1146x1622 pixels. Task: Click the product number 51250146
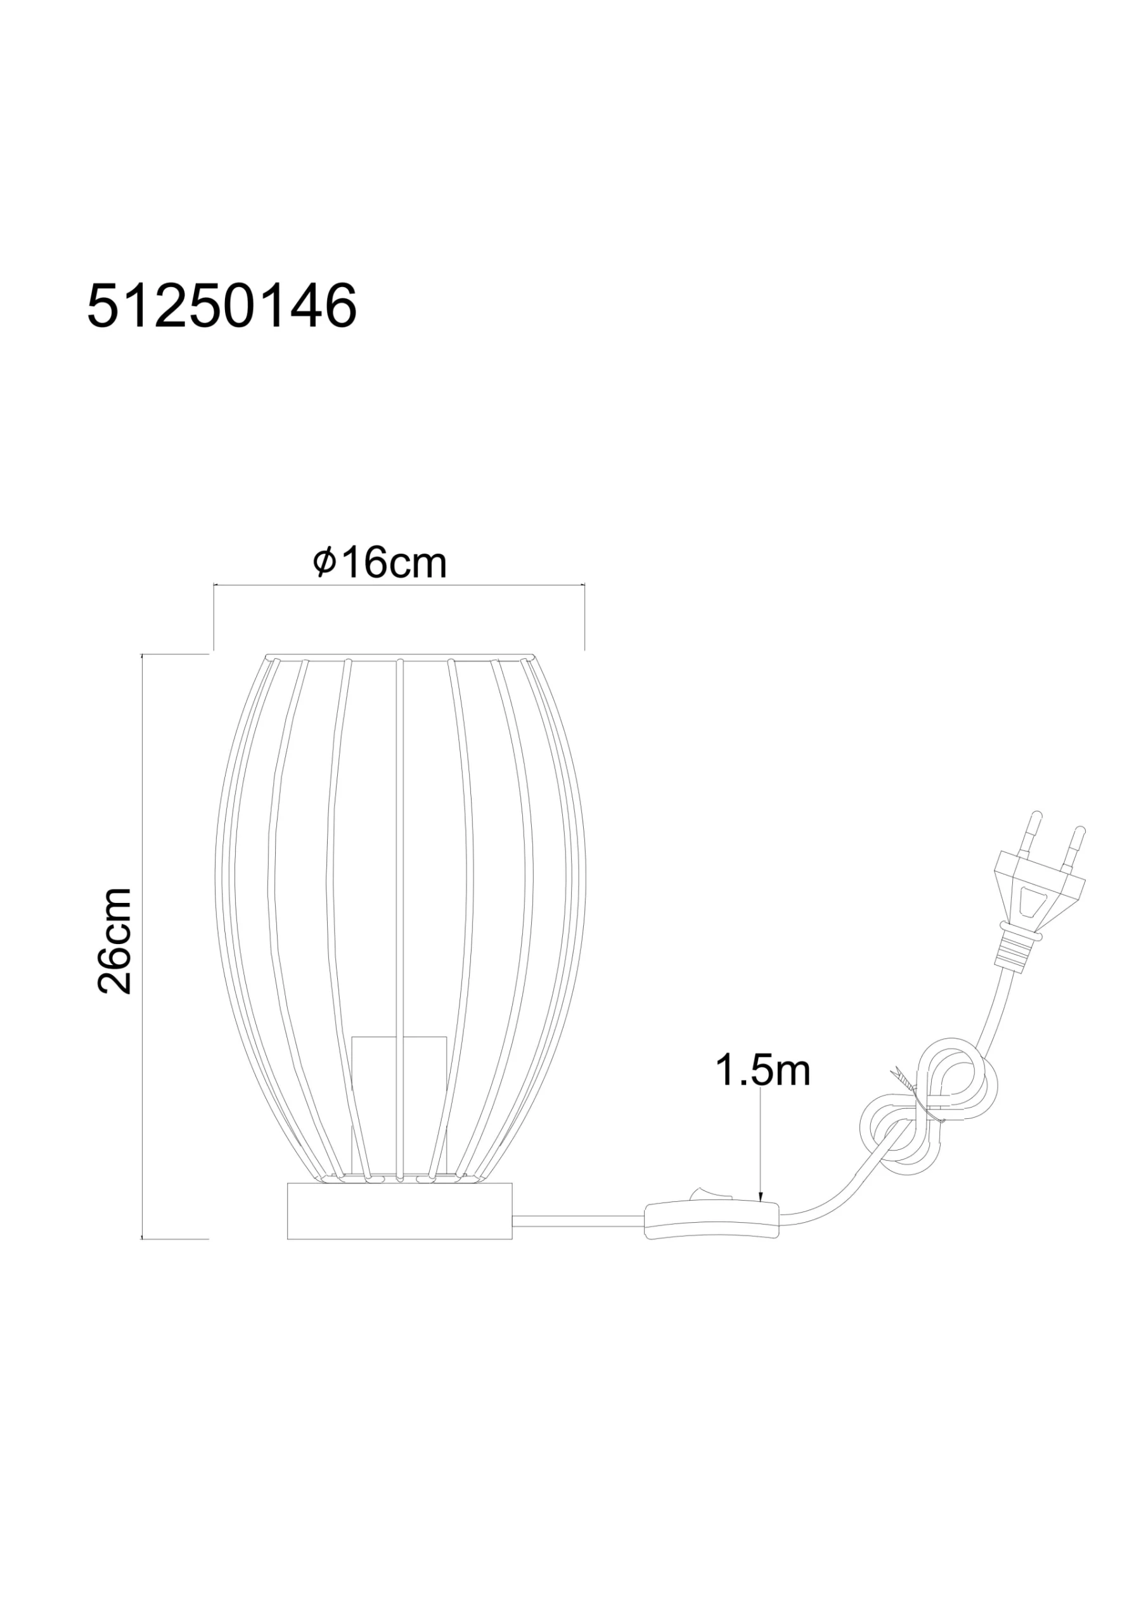[x=221, y=307]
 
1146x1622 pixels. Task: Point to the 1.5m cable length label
[x=763, y=1070]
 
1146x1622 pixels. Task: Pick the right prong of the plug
[x=1076, y=844]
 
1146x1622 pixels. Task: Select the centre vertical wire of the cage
[x=399, y=848]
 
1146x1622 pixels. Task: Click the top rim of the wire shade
[x=399, y=656]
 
